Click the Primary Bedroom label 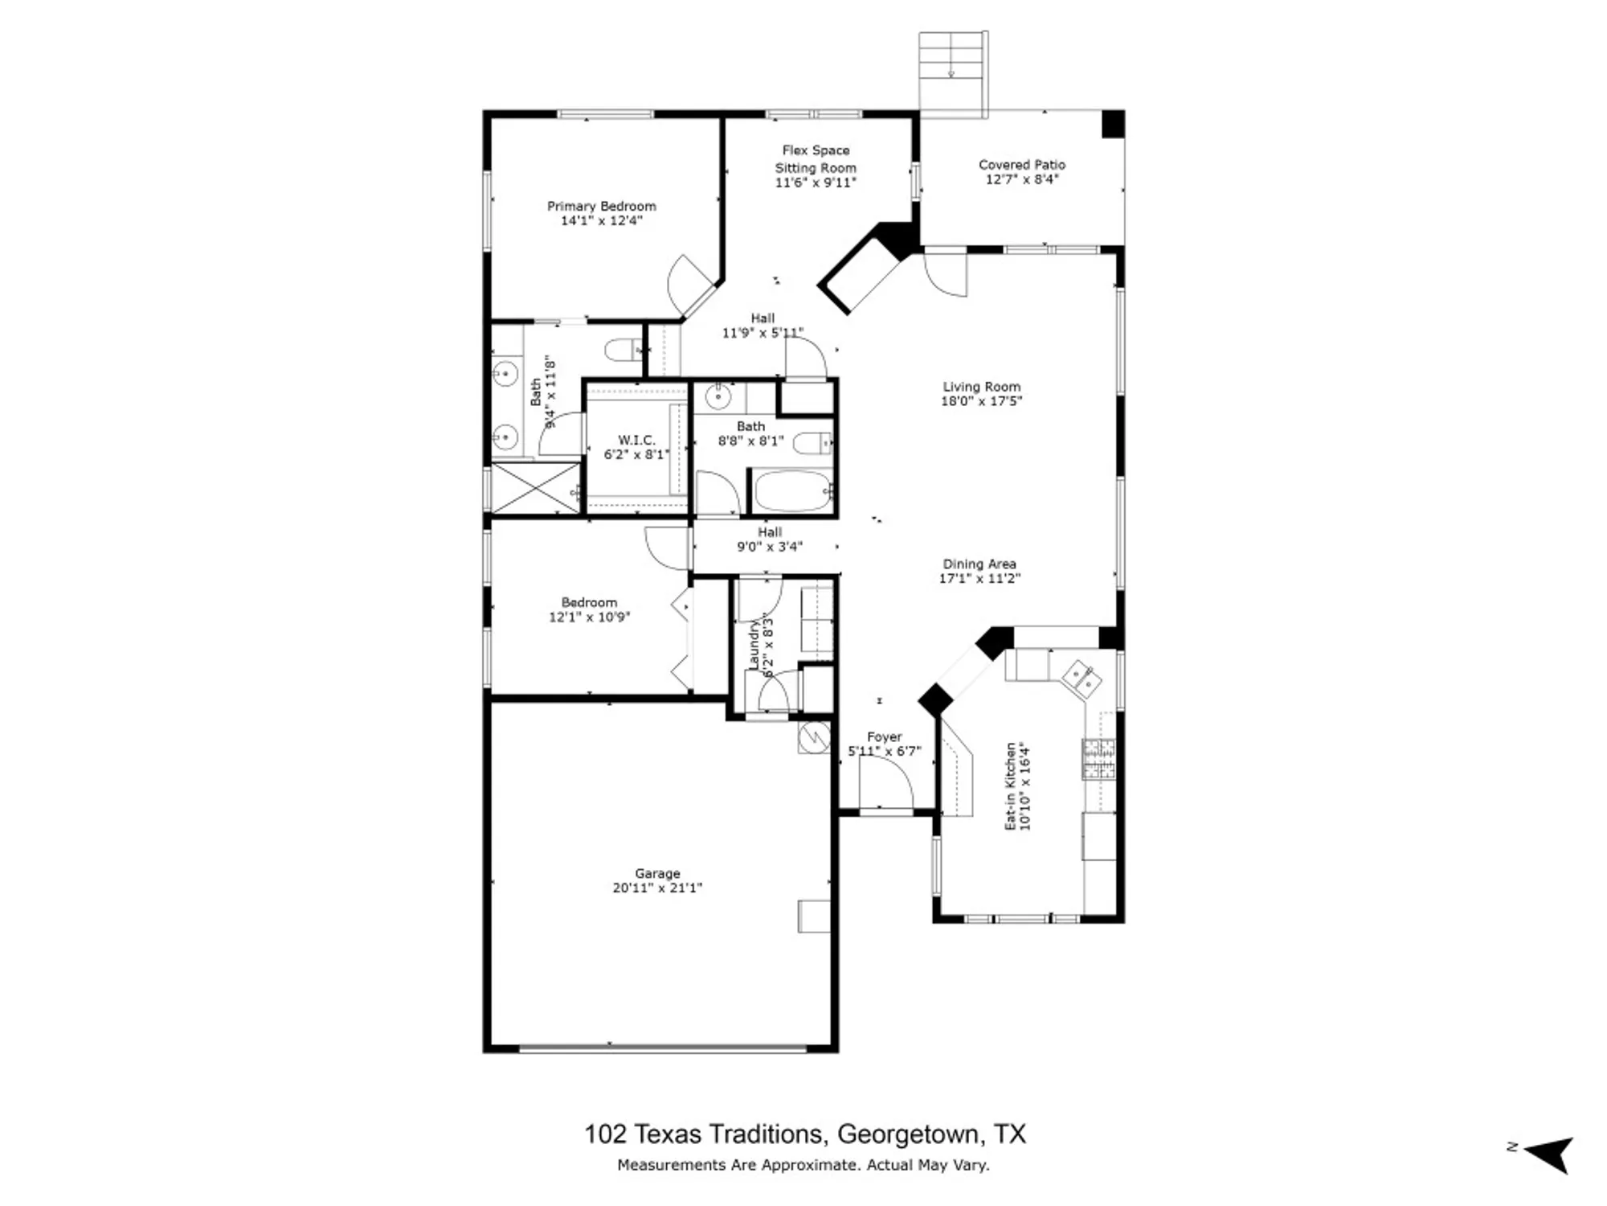pyautogui.click(x=601, y=206)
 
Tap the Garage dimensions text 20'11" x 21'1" pyautogui.click(x=657, y=888)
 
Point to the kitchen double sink pyautogui.click(x=1079, y=678)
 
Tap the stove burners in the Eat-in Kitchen pyautogui.click(x=1098, y=759)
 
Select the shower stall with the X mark pyautogui.click(x=535, y=487)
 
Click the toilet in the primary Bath pyautogui.click(x=623, y=351)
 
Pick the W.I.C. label pyautogui.click(x=636, y=440)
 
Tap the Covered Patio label pyautogui.click(x=1021, y=164)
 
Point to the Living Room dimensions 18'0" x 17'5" pyautogui.click(x=981, y=401)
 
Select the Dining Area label pyautogui.click(x=979, y=564)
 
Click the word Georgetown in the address pyautogui.click(x=908, y=1134)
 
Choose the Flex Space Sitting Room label pyautogui.click(x=816, y=159)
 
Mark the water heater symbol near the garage pyautogui.click(x=814, y=736)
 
